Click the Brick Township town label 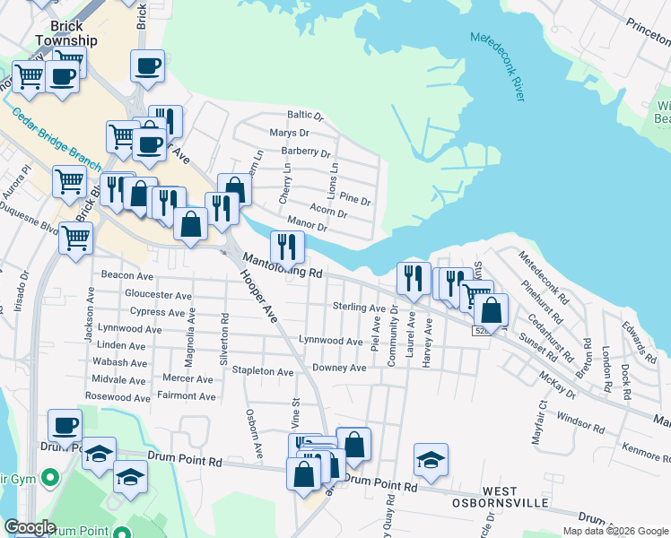65,32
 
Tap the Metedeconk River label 496,65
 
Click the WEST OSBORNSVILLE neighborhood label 515,498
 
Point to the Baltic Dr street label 304,116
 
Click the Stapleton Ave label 263,370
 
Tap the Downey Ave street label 339,368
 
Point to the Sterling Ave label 359,308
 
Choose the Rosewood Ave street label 116,396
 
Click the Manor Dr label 307,223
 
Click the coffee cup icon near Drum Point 65,425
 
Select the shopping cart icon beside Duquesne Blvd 75,238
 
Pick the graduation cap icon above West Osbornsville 431,459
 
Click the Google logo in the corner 30,528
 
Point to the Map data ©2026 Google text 614,531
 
